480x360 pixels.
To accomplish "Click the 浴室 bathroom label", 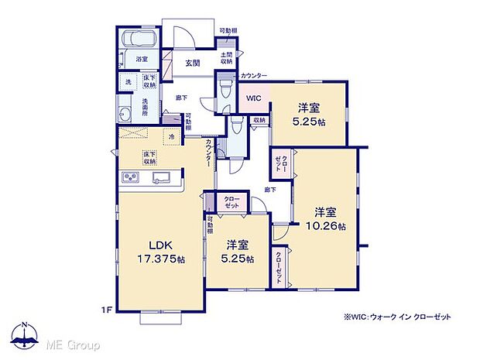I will click(x=142, y=59).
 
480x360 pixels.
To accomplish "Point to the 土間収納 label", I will click(x=227, y=58).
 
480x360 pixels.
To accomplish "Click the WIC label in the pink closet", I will click(x=254, y=98).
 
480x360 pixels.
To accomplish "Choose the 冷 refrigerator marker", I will click(x=171, y=137).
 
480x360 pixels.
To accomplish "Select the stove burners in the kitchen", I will click(x=129, y=180).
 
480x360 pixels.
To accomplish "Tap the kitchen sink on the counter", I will click(x=162, y=180).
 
